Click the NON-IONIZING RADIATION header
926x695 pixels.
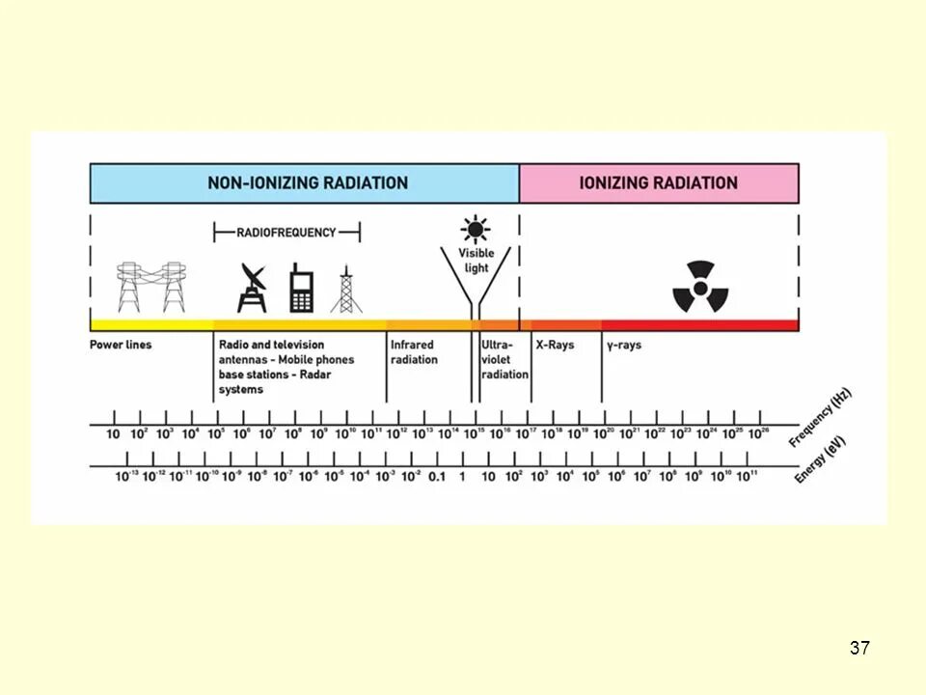coord(308,183)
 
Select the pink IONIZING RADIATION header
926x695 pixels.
coord(658,183)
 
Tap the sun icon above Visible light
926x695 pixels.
coord(475,230)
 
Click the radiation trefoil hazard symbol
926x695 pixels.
coord(699,287)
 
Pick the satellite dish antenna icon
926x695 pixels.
coord(254,288)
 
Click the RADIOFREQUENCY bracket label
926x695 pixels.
coord(286,233)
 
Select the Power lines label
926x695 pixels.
coord(121,345)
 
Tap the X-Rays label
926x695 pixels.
coord(555,345)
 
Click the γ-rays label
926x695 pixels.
coord(623,345)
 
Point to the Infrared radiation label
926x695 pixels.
coord(414,352)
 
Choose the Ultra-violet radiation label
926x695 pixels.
coord(504,359)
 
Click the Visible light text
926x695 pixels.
coord(476,261)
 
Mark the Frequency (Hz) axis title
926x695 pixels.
coord(820,417)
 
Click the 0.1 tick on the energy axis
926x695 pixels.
coord(437,477)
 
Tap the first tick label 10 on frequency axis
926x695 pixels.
coord(114,434)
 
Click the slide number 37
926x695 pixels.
coord(859,648)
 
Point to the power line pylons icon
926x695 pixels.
coord(150,287)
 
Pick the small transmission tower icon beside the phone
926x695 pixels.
coord(347,291)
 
